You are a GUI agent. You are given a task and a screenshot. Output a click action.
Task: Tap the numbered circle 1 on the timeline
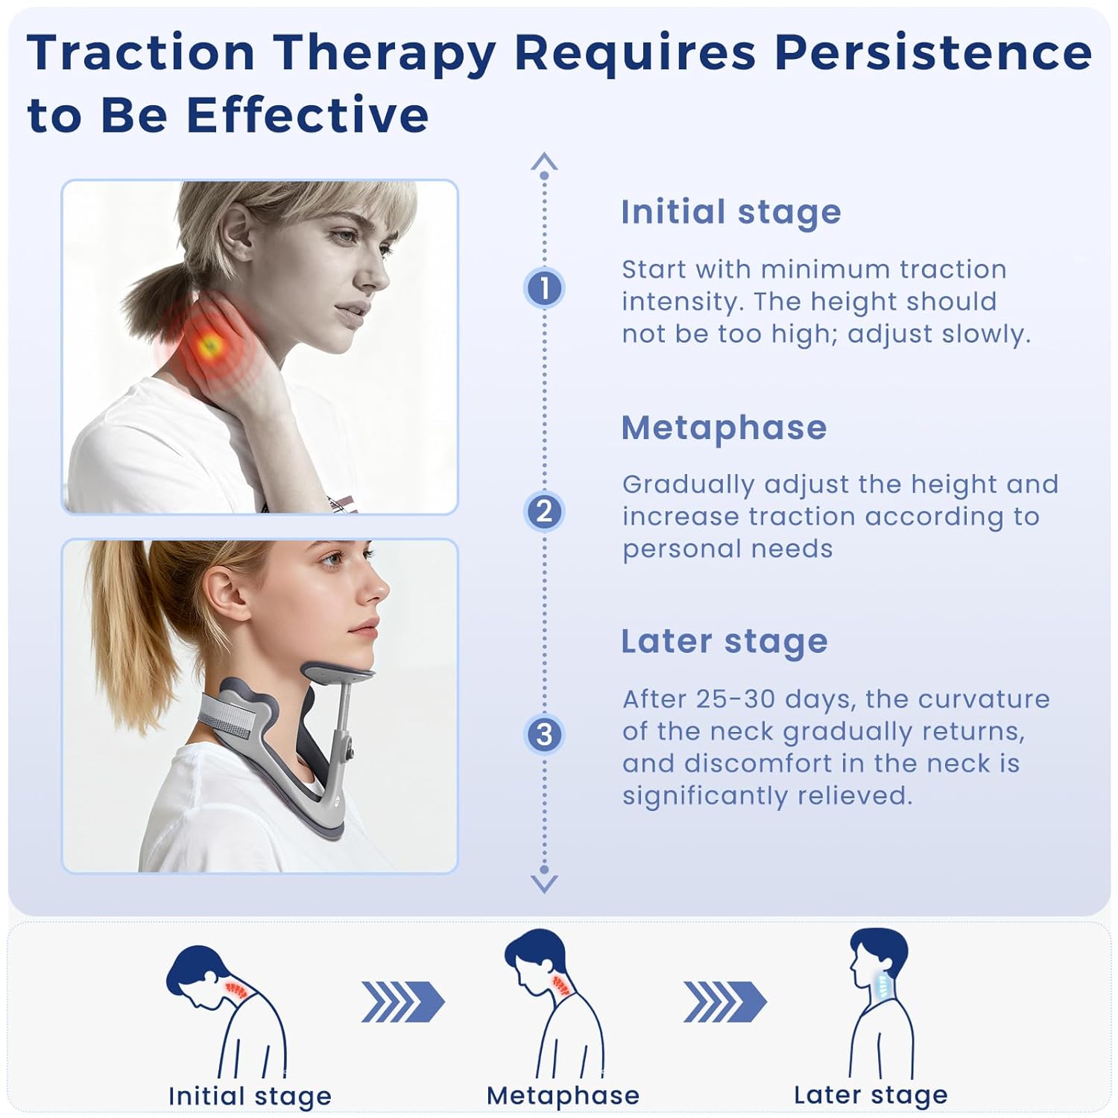tap(544, 288)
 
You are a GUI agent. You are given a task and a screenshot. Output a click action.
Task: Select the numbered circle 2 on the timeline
tap(544, 511)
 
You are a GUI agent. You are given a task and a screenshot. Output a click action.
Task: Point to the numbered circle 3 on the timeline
tap(544, 734)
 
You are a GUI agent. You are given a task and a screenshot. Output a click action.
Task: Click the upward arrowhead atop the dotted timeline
tap(544, 161)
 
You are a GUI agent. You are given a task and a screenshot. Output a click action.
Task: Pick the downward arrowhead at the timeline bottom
tap(544, 884)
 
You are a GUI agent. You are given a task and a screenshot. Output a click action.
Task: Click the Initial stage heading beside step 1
tap(730, 212)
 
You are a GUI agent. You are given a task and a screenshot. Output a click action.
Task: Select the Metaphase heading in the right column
tap(724, 428)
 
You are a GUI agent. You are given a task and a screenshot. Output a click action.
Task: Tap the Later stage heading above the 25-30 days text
tap(724, 642)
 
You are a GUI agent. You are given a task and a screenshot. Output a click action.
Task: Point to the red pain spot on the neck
tap(208, 344)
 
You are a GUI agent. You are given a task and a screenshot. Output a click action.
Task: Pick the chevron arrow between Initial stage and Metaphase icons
tap(402, 1002)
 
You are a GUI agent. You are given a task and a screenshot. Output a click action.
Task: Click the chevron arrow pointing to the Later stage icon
tap(724, 1002)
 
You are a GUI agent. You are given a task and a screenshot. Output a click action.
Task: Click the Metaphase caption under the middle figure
tap(563, 1096)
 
